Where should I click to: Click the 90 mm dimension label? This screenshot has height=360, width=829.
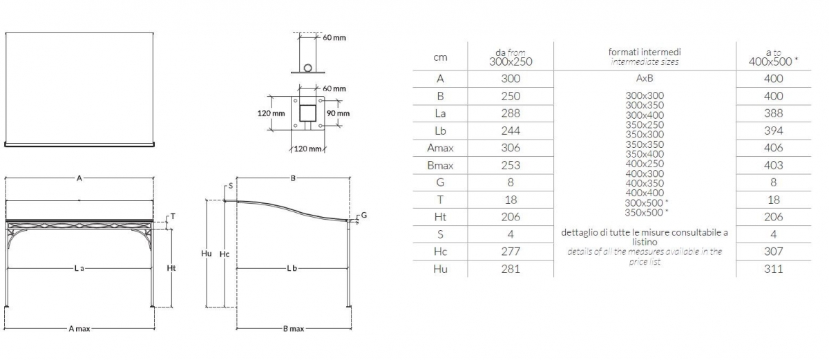(338, 113)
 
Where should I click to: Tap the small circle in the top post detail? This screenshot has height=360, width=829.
(308, 68)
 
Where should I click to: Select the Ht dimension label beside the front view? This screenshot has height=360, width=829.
(171, 268)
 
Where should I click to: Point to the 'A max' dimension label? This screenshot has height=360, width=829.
(79, 328)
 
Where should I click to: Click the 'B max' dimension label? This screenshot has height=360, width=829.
(294, 328)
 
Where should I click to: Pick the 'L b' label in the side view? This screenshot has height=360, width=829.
(292, 268)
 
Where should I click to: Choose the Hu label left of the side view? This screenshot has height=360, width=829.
(206, 254)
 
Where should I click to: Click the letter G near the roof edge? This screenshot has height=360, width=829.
(364, 215)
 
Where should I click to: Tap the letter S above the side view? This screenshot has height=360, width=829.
(231, 186)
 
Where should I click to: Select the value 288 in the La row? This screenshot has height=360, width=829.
(511, 113)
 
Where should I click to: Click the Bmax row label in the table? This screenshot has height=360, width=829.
(440, 165)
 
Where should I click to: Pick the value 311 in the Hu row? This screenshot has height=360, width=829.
(774, 269)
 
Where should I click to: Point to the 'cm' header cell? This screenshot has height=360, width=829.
(440, 58)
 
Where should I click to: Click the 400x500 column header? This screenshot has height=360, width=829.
(774, 61)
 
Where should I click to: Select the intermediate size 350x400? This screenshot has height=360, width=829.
(645, 154)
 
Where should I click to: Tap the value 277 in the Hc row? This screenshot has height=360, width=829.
(511, 252)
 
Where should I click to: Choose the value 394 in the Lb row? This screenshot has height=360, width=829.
(774, 131)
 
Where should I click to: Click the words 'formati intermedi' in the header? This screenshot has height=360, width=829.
(645, 52)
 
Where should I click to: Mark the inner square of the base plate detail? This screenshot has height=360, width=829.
(307, 113)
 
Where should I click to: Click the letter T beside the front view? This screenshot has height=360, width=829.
(173, 216)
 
